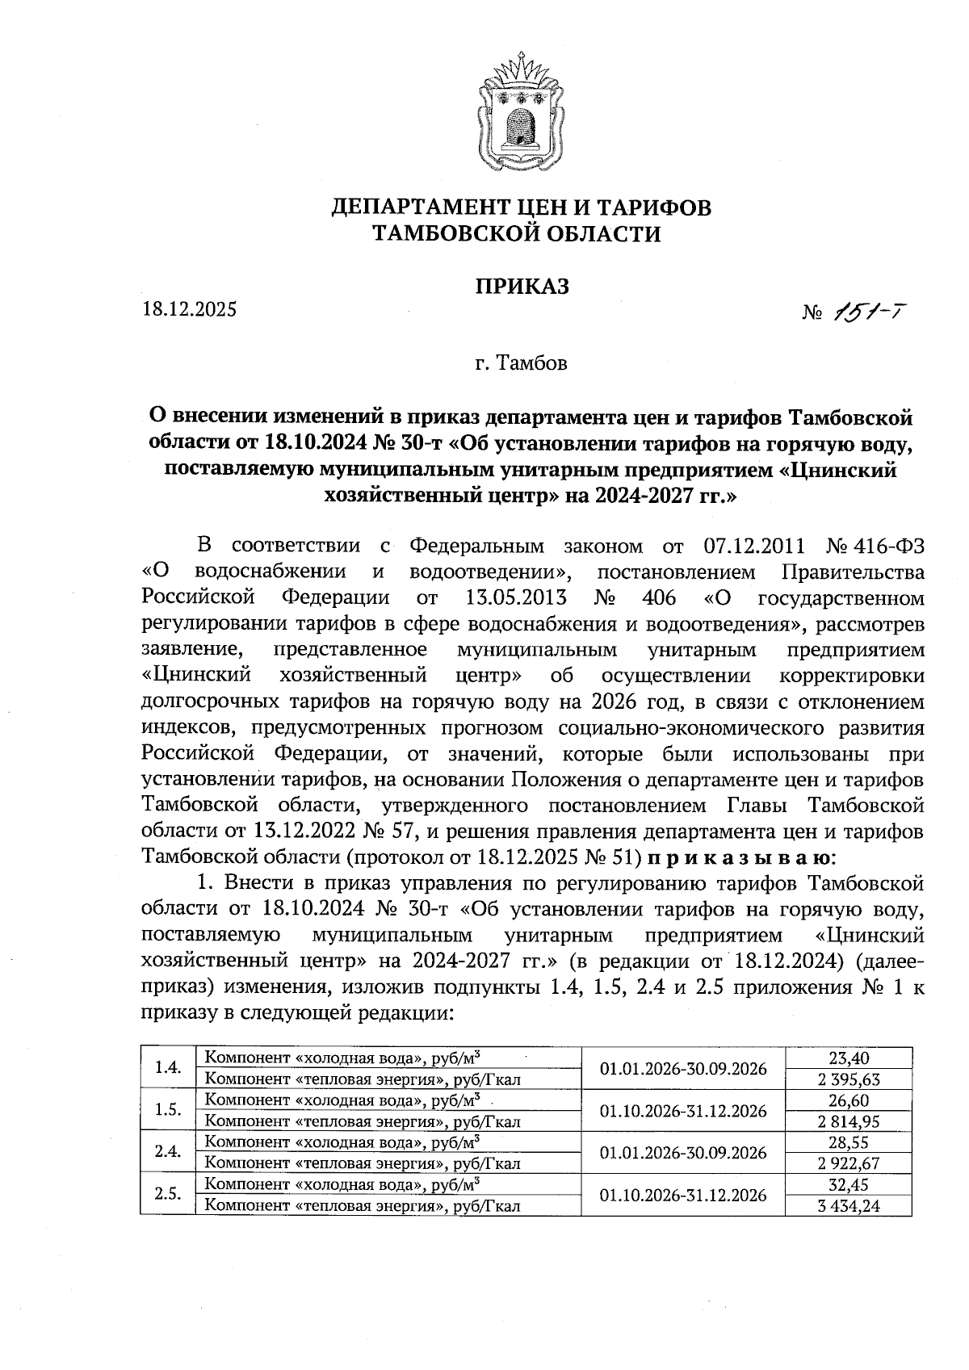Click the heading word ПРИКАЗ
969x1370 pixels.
[x=521, y=286]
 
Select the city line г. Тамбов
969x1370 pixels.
[x=521, y=363]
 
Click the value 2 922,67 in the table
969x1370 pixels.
[x=849, y=1163]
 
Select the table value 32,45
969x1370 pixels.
[x=849, y=1184]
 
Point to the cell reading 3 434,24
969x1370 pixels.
[x=849, y=1206]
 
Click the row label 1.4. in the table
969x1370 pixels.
[x=167, y=1068]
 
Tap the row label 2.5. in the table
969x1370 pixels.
[x=167, y=1195]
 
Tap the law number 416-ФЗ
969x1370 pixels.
[x=891, y=547]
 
